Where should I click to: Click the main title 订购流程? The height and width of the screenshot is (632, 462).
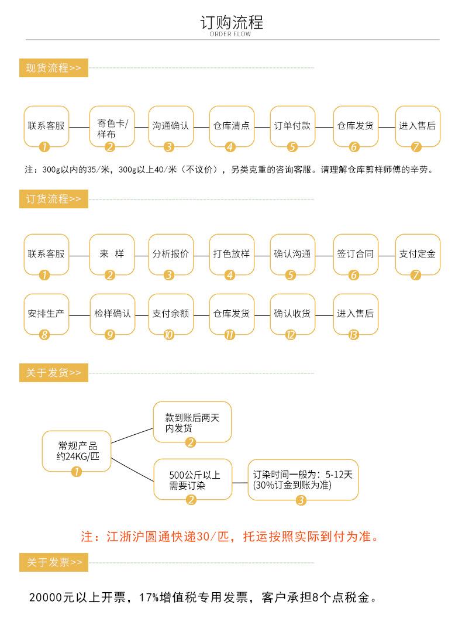coord(231,22)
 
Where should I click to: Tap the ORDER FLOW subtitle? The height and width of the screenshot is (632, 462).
coord(230,35)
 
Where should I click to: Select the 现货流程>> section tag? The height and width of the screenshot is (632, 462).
coord(53,68)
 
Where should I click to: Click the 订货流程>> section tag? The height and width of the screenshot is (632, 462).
coord(53,199)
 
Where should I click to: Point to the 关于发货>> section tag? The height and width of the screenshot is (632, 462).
coord(53,373)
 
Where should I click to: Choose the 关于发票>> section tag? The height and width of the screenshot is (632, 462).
coord(53,562)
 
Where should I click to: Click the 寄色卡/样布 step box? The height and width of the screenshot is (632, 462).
coord(111,126)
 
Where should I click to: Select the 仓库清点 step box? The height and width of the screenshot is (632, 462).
coord(232,126)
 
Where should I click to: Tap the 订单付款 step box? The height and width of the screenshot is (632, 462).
coord(292,126)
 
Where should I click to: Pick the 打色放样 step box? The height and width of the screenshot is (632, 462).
coord(232,254)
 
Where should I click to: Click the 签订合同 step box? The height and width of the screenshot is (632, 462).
coord(355,254)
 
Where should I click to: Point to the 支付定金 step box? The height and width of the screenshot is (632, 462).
coord(417,254)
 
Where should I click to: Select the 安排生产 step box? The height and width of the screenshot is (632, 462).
coord(46,313)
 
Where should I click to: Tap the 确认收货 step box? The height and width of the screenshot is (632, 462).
coord(292,313)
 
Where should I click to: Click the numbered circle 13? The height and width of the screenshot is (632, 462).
coord(353,335)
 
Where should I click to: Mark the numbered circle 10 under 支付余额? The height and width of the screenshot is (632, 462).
coord(169,335)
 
